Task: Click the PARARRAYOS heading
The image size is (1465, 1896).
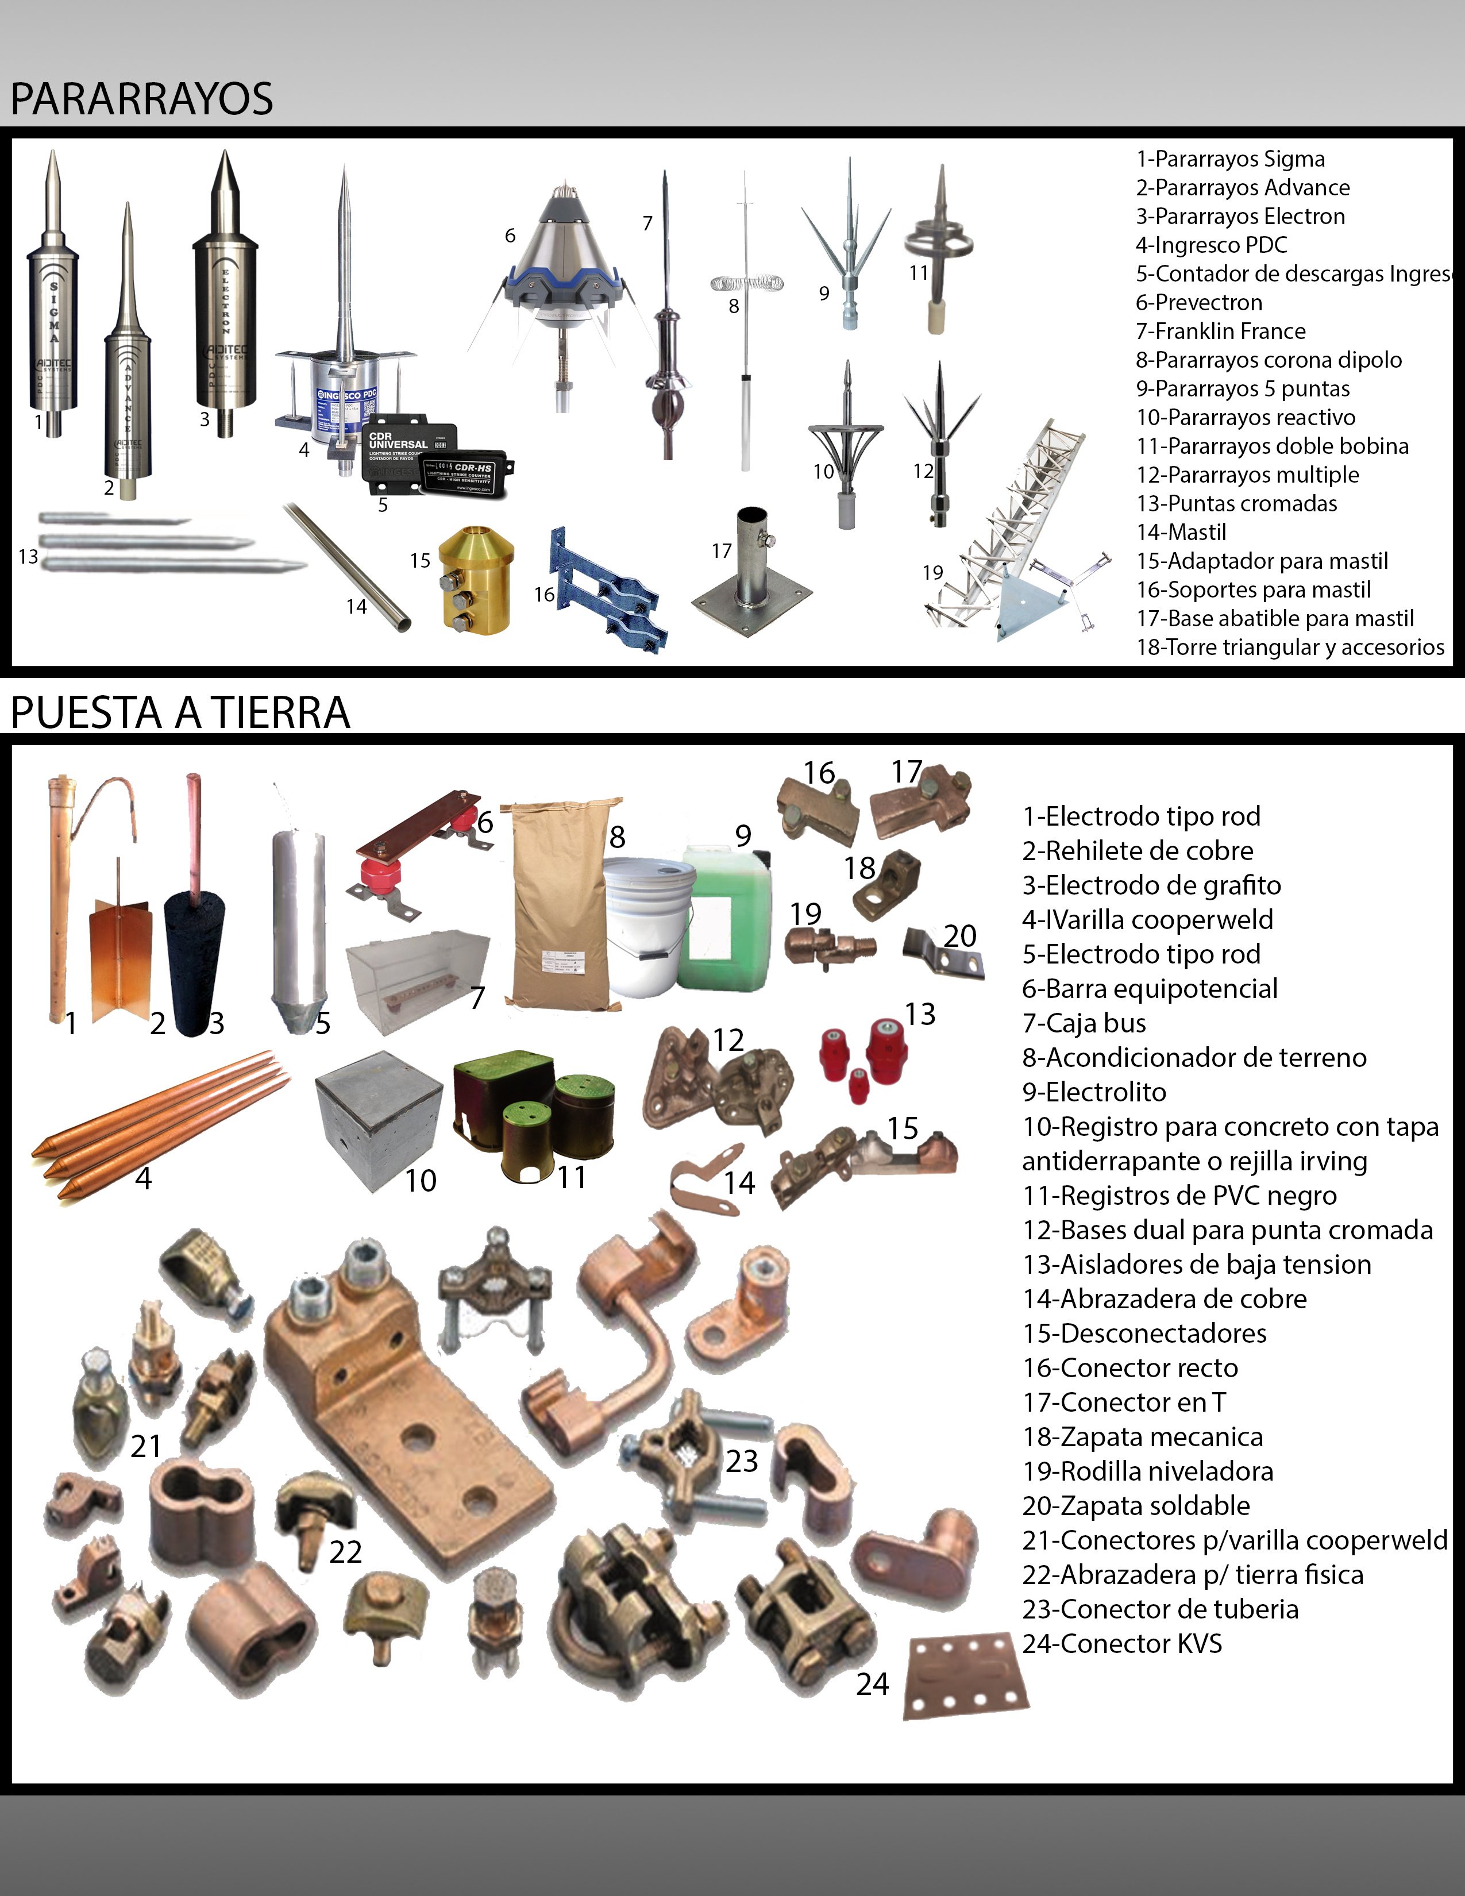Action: tap(141, 98)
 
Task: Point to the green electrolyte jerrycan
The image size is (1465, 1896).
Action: tap(727, 920)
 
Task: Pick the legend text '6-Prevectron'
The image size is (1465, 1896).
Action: tap(1198, 302)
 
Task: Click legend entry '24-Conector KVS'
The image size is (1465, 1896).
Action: tap(1121, 1643)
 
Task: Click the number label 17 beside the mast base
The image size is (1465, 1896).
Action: tap(721, 550)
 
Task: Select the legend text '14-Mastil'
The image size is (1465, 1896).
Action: tap(1181, 532)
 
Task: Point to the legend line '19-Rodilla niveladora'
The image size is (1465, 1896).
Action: tap(1147, 1471)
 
